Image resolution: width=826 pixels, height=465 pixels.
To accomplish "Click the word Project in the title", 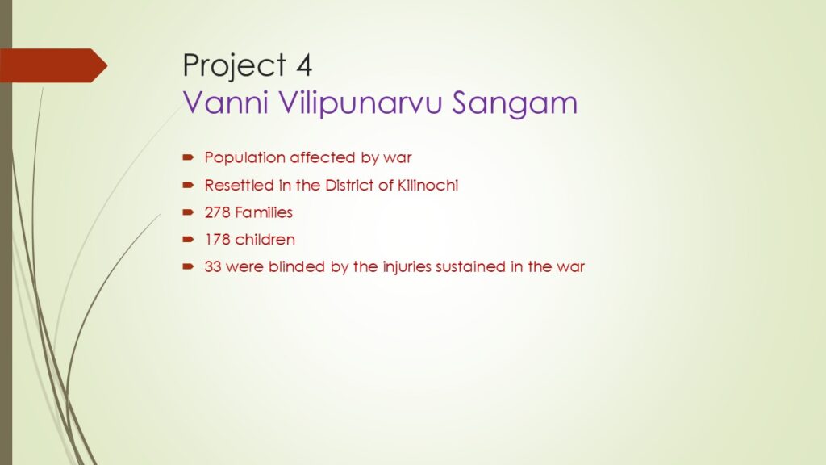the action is click(234, 66).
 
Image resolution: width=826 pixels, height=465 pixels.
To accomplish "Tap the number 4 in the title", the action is click(304, 65).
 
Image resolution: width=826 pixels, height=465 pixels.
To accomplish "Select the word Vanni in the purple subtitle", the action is click(226, 103).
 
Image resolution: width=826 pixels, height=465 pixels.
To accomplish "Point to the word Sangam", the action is click(515, 103).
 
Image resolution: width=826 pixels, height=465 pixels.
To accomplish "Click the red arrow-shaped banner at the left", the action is click(53, 65).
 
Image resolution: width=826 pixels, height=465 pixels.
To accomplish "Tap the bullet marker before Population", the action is click(189, 157).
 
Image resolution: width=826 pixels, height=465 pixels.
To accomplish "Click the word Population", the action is click(245, 157).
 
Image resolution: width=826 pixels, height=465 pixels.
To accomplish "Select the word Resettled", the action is click(239, 185).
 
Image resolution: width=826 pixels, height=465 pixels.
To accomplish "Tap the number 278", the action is click(217, 212).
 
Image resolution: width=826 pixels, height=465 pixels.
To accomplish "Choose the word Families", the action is click(264, 212).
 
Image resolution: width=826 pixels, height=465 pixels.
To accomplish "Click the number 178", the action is click(218, 240).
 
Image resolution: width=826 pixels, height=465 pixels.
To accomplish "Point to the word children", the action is click(265, 239).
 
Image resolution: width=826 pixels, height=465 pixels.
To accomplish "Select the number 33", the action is click(213, 266).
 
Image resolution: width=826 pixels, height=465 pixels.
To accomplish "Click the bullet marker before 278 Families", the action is click(189, 212).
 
